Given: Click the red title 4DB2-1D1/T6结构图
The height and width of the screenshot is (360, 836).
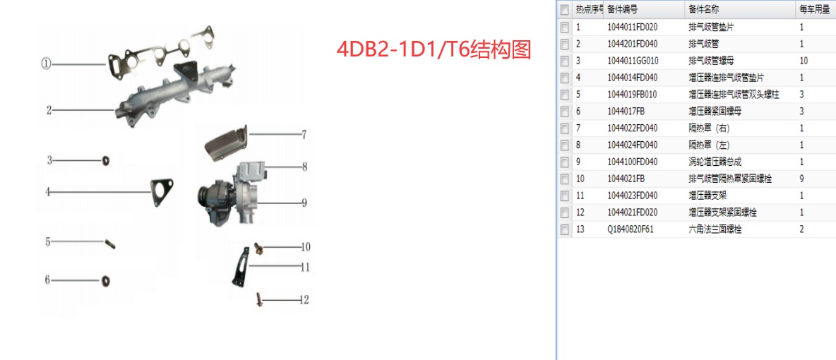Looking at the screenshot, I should [x=433, y=50].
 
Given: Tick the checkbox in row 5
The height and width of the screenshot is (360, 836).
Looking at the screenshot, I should [x=564, y=95].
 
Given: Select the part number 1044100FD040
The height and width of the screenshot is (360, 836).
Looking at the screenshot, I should [x=632, y=162].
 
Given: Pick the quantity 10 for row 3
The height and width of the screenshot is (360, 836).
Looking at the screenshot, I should [x=804, y=61].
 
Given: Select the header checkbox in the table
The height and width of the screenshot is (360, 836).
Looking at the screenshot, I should [x=564, y=10].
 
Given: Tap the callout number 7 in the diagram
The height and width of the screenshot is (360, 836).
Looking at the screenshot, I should [x=304, y=133].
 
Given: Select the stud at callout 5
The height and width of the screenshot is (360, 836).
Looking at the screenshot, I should [x=110, y=244].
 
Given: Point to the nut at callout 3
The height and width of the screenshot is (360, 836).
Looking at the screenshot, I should [x=105, y=160].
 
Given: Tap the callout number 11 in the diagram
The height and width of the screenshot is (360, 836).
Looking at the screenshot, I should [x=304, y=267].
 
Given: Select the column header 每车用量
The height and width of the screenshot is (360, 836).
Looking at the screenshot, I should [x=814, y=10].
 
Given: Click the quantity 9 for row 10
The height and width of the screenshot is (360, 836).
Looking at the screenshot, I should [x=802, y=179].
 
